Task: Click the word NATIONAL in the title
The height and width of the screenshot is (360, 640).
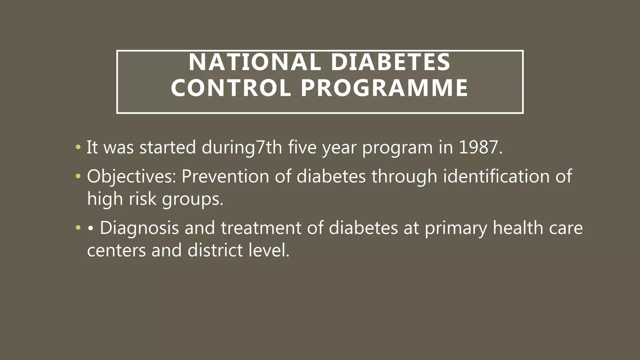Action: coord(255,62)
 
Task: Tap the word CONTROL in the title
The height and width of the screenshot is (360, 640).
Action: coord(231,88)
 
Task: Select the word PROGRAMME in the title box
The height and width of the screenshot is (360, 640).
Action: coord(384,88)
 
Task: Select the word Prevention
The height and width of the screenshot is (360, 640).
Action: coord(225,176)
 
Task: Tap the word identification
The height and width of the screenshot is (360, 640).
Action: coord(496,176)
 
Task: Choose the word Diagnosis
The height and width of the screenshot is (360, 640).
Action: coord(139,228)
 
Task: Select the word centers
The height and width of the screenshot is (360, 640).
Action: coord(116,251)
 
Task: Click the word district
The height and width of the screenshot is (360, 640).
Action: coord(215,250)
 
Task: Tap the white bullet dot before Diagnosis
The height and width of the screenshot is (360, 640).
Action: coord(91,228)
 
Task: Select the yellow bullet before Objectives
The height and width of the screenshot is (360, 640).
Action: coord(78,176)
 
